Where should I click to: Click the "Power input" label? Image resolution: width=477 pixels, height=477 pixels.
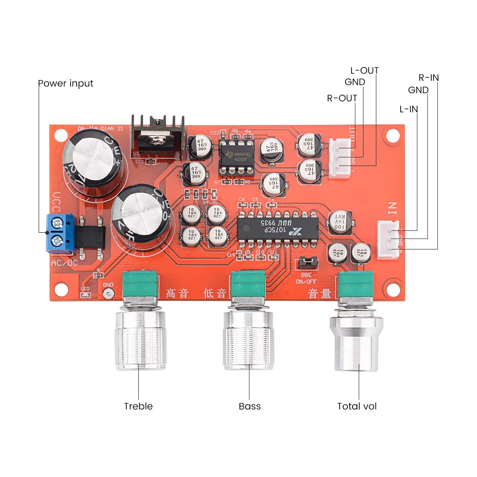pyautogui.click(x=66, y=83)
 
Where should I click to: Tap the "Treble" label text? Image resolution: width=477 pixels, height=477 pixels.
pyautogui.click(x=138, y=406)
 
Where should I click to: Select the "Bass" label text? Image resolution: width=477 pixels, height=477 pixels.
pyautogui.click(x=250, y=406)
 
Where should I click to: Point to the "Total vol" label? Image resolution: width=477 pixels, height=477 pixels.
pyautogui.click(x=357, y=406)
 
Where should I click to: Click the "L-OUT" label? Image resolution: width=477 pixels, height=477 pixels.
pyautogui.click(x=364, y=71)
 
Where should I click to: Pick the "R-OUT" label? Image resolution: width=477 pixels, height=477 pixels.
pyautogui.click(x=342, y=98)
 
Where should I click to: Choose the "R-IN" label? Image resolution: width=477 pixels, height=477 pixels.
pyautogui.click(x=429, y=77)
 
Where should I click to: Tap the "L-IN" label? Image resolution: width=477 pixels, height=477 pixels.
pyautogui.click(x=408, y=109)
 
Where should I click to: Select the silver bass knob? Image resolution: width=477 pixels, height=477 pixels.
pyautogui.click(x=249, y=339)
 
